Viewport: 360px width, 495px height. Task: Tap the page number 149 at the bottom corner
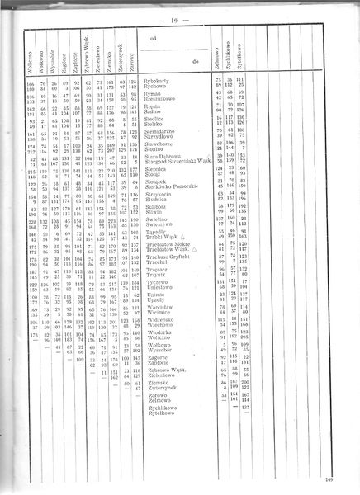point(351,479)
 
